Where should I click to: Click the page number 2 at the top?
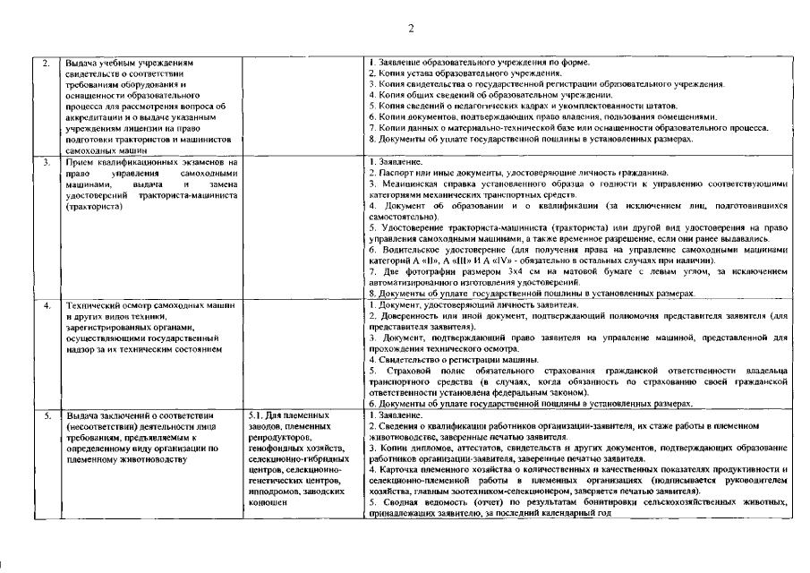pyautogui.click(x=411, y=28)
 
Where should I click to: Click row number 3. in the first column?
pyautogui.click(x=46, y=162)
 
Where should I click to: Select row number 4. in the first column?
pyautogui.click(x=46, y=306)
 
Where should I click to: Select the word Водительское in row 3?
pyautogui.click(x=411, y=249)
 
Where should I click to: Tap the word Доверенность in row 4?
pyautogui.click(x=408, y=317)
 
